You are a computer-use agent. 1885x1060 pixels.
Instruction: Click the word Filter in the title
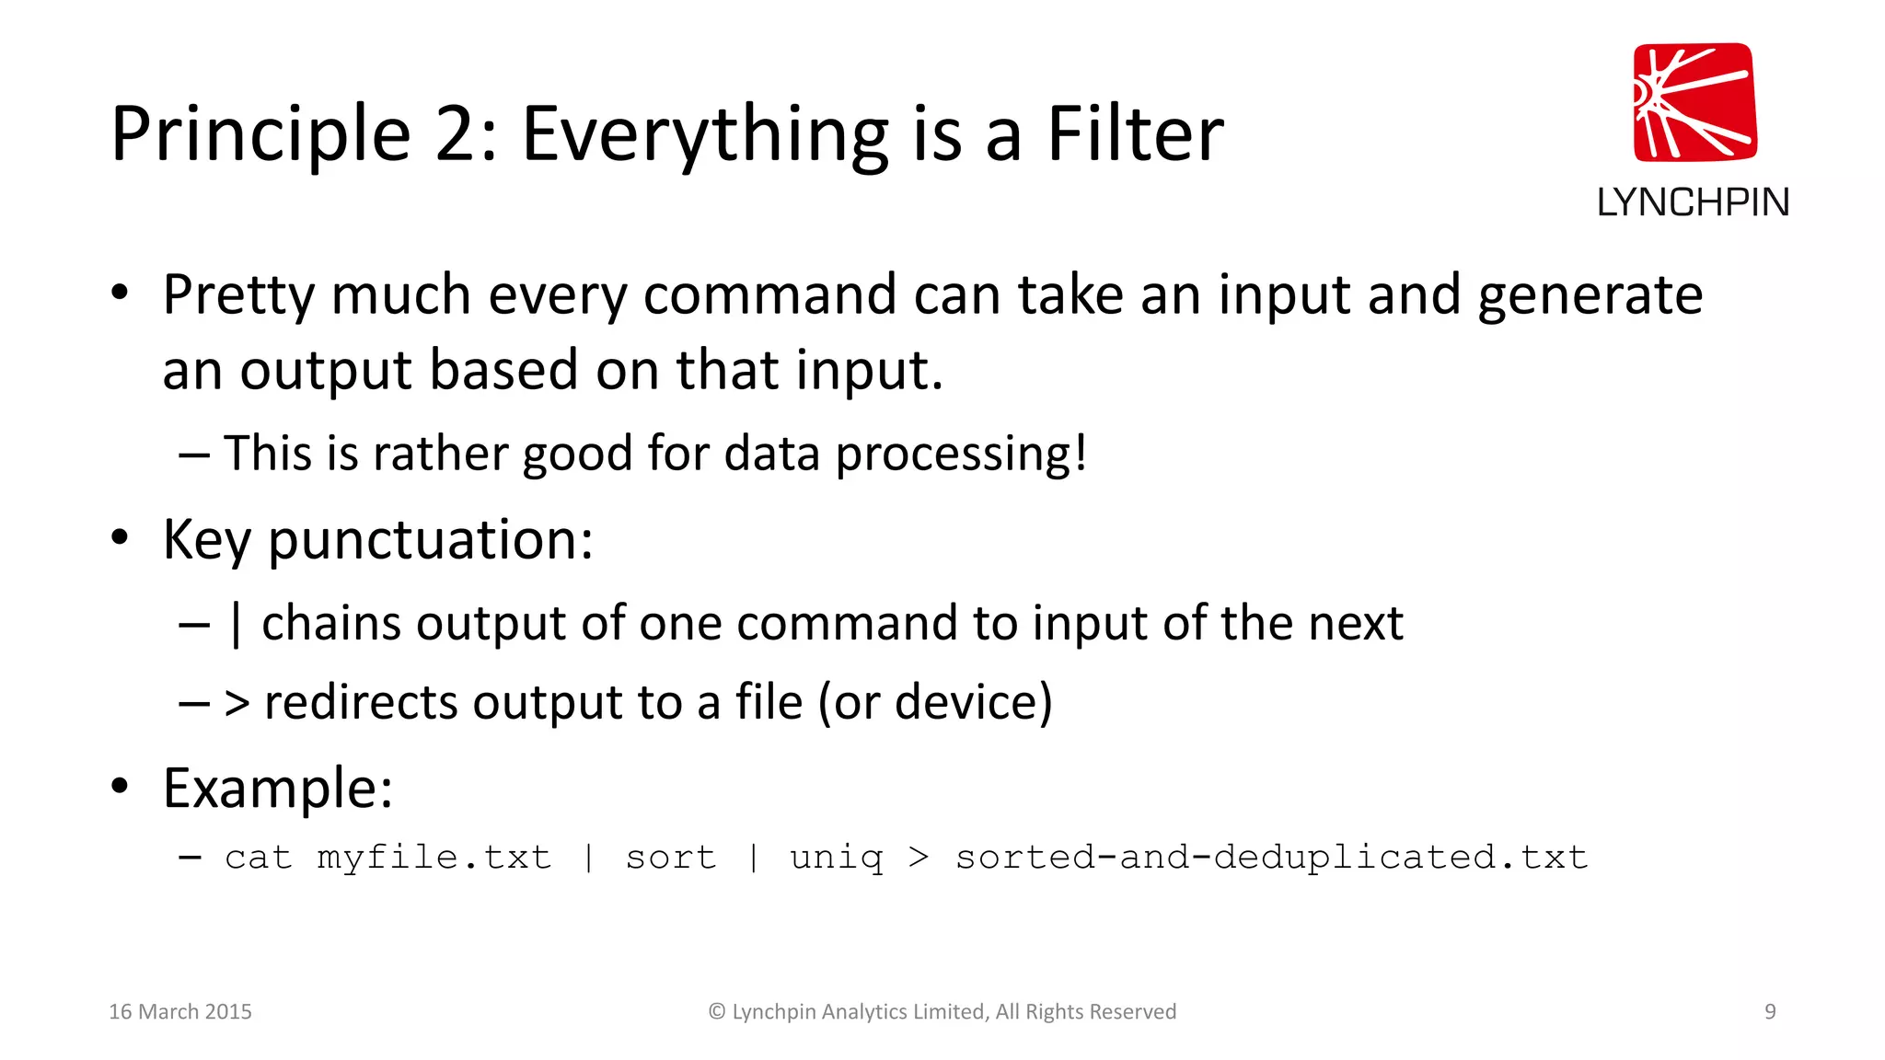(x=1134, y=134)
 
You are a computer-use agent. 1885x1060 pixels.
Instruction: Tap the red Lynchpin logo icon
(x=1694, y=102)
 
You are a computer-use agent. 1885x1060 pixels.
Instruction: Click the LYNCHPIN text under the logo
(x=1693, y=202)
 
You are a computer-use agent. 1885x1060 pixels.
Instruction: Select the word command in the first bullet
(x=769, y=295)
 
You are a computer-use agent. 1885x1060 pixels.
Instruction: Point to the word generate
(x=1590, y=297)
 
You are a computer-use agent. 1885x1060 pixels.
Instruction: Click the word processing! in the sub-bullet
(x=961, y=454)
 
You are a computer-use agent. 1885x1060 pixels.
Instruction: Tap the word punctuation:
(x=430, y=540)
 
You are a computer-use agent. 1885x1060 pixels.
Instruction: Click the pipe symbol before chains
(x=237, y=624)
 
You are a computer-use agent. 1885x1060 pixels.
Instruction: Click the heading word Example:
(x=278, y=789)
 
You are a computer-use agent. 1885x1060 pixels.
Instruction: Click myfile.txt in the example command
(x=434, y=858)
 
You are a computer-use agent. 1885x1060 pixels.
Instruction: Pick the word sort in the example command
(x=670, y=858)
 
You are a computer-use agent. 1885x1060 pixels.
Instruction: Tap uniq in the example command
(x=836, y=858)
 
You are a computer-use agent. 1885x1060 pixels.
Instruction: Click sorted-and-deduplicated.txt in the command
(x=1271, y=858)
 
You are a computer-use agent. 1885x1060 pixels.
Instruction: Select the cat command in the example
(x=258, y=858)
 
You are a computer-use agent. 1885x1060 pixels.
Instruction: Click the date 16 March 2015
(x=180, y=1011)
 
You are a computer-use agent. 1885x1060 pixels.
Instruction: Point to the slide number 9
(x=1769, y=1011)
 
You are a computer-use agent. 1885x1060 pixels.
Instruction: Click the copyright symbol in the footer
(x=717, y=1011)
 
